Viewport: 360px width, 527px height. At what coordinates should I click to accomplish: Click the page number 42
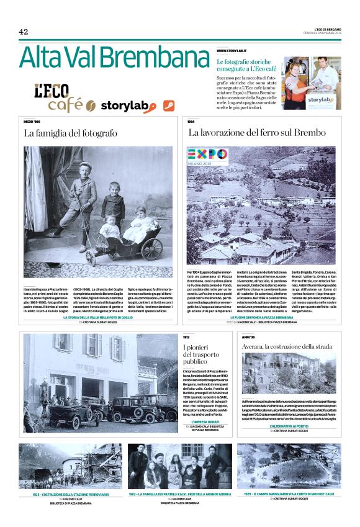(24, 32)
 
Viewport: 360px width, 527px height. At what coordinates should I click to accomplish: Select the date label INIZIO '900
(33, 122)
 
